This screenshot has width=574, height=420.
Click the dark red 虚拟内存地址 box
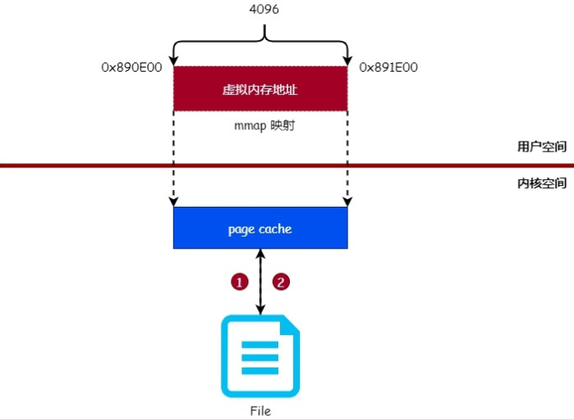click(260, 88)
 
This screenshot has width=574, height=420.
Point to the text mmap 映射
click(260, 127)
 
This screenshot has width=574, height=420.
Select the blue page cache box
click(260, 227)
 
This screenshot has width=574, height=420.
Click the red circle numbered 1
click(240, 282)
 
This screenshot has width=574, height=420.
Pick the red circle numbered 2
click(282, 282)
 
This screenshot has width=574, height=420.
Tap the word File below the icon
click(260, 411)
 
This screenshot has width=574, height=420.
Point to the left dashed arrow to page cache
click(173, 167)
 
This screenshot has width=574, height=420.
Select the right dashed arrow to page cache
click(347, 167)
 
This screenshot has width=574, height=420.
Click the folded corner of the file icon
click(288, 324)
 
